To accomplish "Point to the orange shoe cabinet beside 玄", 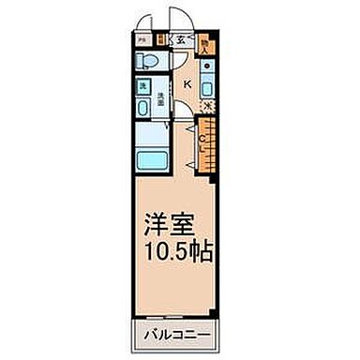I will point(162,39).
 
